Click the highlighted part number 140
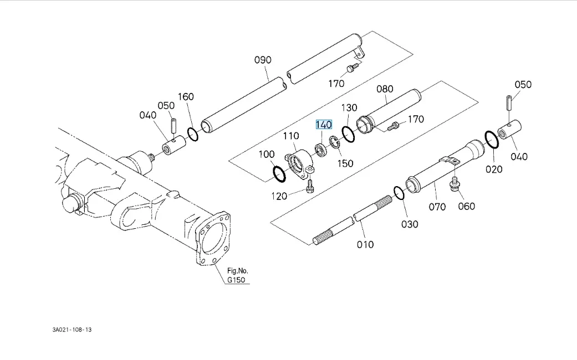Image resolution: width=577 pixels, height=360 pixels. (324, 125)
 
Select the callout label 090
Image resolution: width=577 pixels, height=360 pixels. (263, 60)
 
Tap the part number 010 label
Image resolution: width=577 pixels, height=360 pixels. (365, 244)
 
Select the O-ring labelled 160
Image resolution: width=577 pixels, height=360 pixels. (192, 135)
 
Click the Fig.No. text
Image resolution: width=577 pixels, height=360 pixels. (238, 271)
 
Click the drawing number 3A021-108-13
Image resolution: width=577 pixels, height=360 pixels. (72, 330)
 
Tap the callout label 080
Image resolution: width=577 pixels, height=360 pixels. (385, 89)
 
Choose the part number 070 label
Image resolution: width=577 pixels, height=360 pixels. (437, 207)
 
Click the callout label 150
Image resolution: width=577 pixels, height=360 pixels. (346, 163)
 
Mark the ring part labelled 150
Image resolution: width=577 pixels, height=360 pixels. (334, 142)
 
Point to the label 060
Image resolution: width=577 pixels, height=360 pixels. (466, 207)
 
